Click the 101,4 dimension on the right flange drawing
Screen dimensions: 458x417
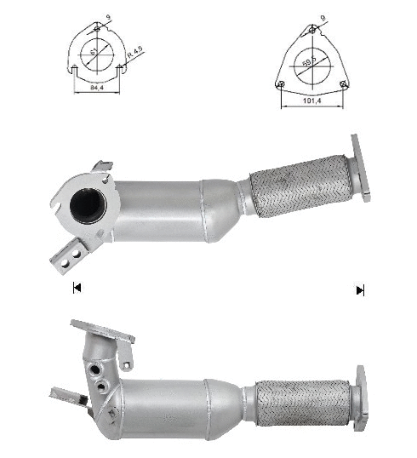pos(311,100)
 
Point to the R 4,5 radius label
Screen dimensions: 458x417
pos(134,59)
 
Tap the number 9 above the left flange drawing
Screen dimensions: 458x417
pos(107,14)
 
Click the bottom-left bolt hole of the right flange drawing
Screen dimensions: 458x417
pos(281,83)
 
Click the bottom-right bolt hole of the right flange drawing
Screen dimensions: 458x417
pos(343,83)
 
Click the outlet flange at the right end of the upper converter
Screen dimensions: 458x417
pos(360,169)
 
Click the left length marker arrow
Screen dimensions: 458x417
pos(77,289)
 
